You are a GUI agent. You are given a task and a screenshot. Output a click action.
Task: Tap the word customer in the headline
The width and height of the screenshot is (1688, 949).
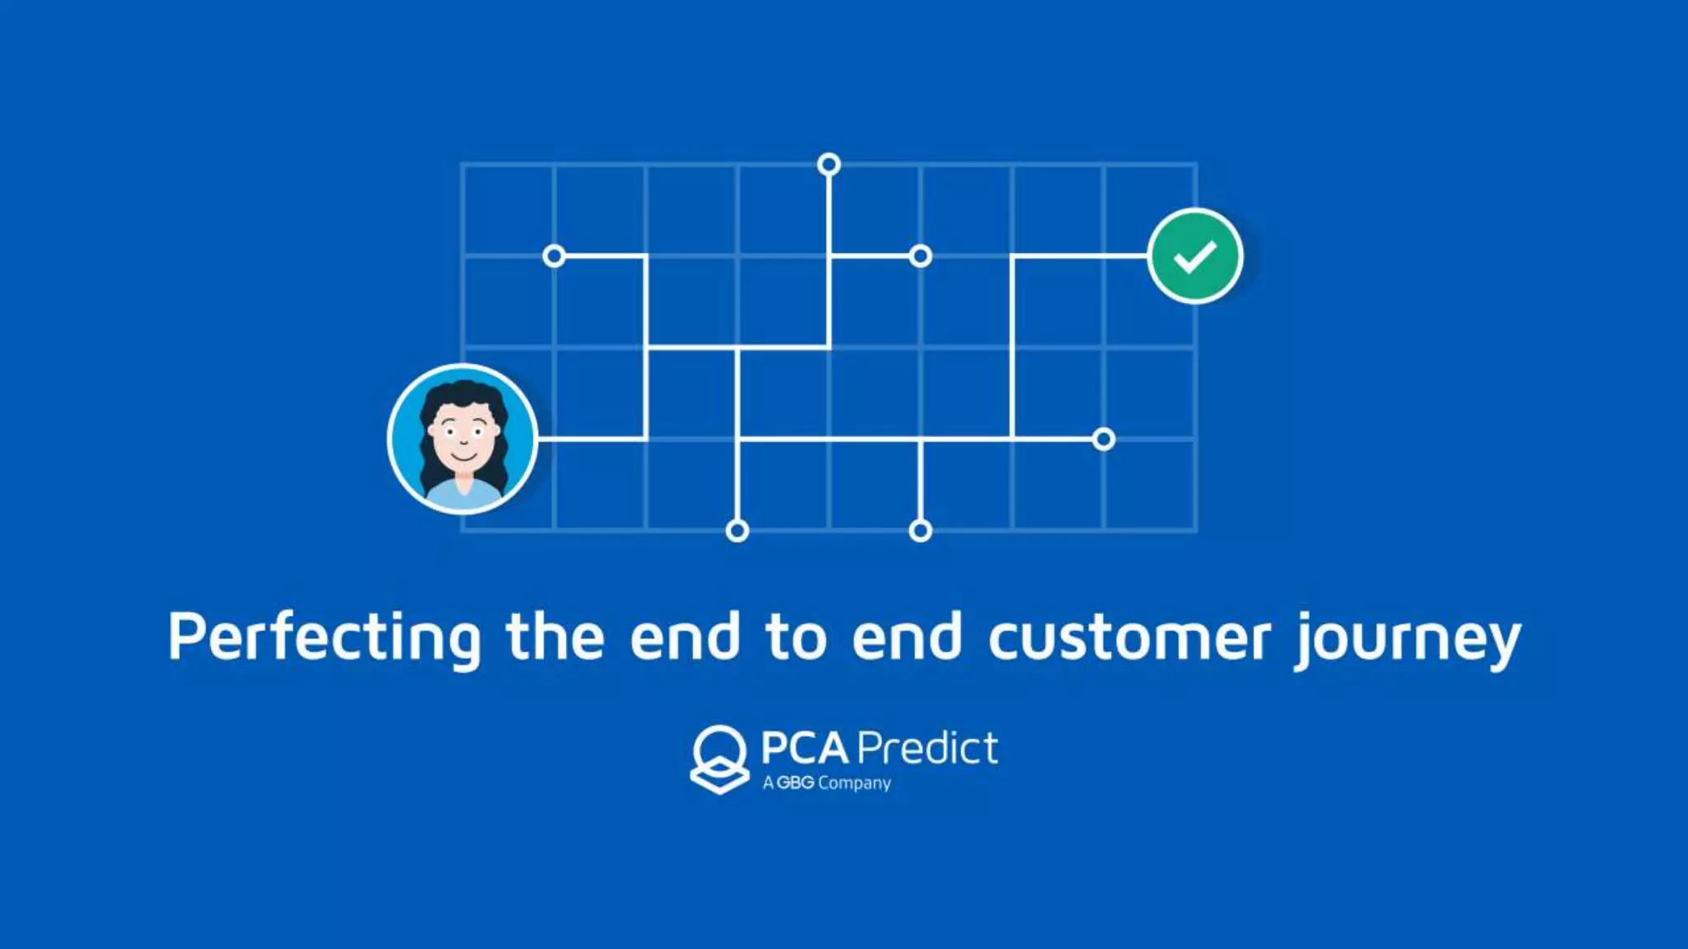[1129, 638]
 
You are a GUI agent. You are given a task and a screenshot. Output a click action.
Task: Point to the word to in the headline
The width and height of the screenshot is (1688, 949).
[795, 638]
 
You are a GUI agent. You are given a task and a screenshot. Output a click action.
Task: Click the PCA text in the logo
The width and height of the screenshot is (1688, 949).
[804, 748]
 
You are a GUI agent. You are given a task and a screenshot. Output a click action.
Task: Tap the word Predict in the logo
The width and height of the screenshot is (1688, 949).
[928, 748]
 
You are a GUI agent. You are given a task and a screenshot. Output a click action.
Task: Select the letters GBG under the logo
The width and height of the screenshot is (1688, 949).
[795, 783]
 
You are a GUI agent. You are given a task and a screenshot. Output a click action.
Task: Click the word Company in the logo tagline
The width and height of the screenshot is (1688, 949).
[855, 783]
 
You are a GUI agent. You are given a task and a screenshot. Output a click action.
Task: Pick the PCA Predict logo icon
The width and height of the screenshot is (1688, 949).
[720, 759]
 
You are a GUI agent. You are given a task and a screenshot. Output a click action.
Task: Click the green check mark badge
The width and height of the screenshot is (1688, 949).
[1195, 256]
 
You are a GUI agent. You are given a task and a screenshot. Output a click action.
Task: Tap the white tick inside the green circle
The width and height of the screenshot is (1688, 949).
[1195, 256]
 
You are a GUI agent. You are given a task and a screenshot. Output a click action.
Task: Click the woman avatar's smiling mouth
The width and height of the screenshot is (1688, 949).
[463, 456]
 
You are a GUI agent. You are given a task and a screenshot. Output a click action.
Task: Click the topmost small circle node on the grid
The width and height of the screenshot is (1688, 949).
[829, 165]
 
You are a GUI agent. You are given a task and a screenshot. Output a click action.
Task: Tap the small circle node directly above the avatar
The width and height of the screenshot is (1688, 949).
[554, 256]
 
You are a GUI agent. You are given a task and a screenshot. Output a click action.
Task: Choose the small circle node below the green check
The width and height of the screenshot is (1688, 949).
[1104, 439]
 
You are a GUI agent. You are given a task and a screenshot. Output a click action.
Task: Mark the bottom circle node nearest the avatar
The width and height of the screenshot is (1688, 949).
[738, 531]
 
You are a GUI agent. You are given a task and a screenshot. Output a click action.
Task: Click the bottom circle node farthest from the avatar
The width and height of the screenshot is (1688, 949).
[921, 531]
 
